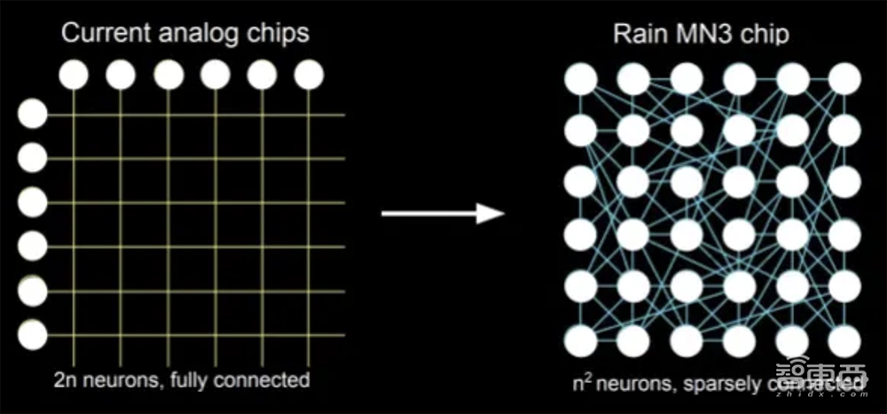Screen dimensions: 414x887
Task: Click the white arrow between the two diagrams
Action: click(443, 213)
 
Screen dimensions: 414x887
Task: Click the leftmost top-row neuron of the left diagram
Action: click(74, 75)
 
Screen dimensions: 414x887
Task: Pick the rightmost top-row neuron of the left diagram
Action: click(309, 75)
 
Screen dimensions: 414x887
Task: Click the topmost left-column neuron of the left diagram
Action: click(33, 114)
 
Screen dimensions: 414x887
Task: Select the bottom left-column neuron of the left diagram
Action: click(33, 334)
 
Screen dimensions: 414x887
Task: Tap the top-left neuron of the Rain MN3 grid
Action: click(581, 79)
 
